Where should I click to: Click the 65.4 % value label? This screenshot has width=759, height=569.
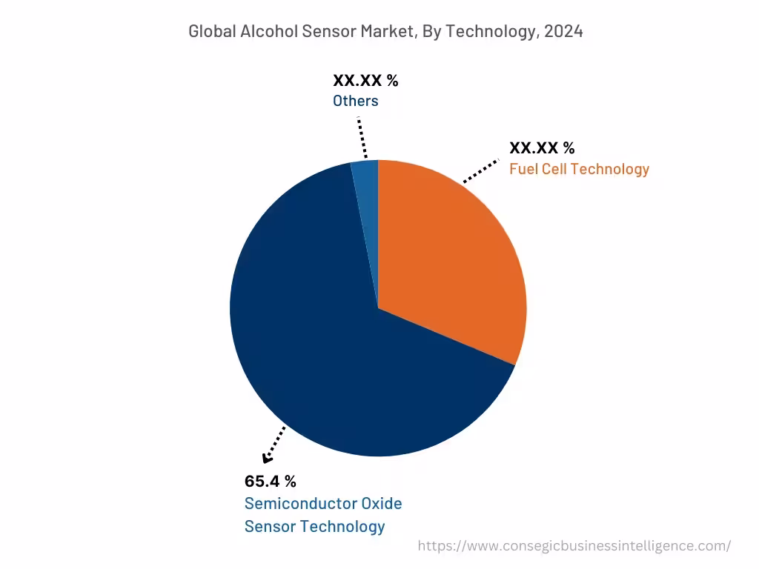tap(270, 481)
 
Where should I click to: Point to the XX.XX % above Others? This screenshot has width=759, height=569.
tap(365, 81)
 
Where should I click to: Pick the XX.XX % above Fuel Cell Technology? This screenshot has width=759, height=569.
tap(542, 147)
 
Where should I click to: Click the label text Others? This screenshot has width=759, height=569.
tap(355, 102)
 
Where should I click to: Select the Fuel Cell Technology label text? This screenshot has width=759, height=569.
tap(579, 169)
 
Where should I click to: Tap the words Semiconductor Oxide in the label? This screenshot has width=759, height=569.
tap(323, 504)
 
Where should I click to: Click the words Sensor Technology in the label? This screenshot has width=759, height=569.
tap(314, 527)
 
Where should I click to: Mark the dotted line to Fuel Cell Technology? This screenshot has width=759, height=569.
tap(481, 170)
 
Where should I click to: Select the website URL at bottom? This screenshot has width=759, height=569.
tap(574, 546)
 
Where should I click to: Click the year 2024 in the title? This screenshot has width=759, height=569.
tap(564, 31)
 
